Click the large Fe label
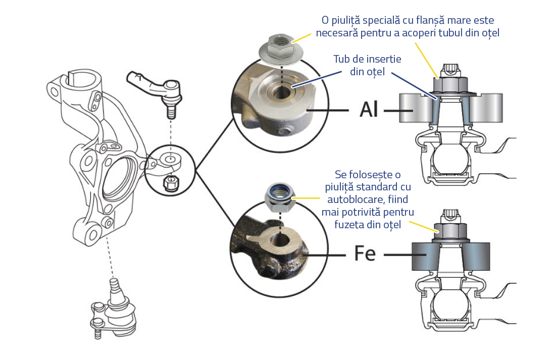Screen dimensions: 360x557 pyautogui.click(x=363, y=253)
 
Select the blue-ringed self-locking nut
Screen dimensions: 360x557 pyautogui.click(x=279, y=197)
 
